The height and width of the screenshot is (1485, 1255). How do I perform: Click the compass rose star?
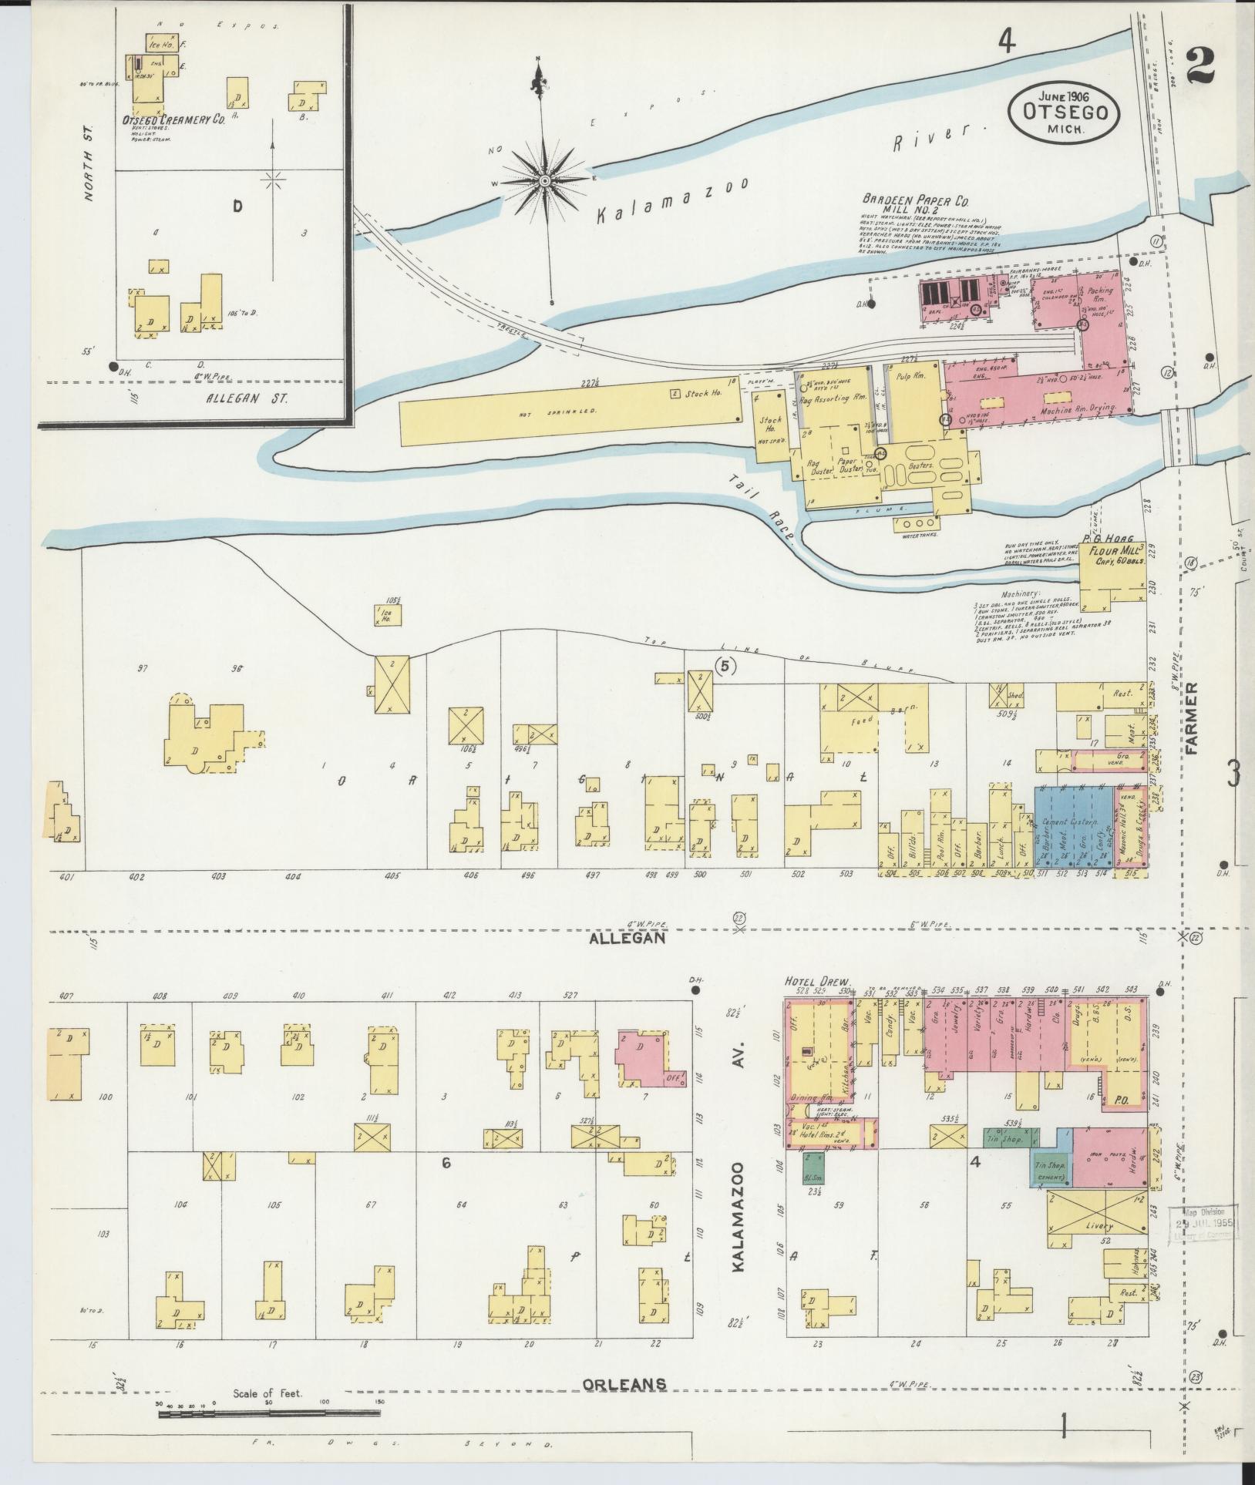tap(544, 180)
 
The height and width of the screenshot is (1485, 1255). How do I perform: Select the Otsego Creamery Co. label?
tap(173, 120)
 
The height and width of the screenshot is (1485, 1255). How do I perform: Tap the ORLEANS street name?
tap(624, 1384)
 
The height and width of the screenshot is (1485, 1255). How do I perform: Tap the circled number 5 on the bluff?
tap(726, 667)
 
